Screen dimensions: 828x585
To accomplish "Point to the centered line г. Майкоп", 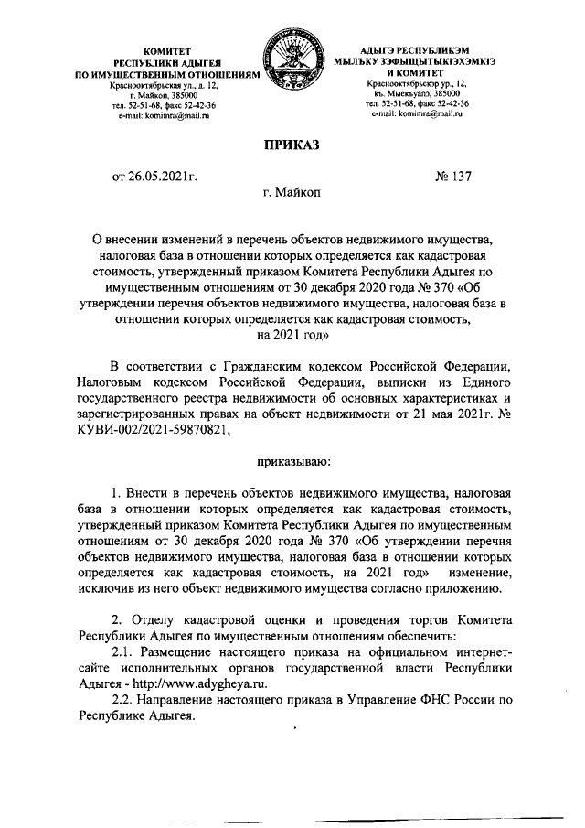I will click(x=292, y=194).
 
